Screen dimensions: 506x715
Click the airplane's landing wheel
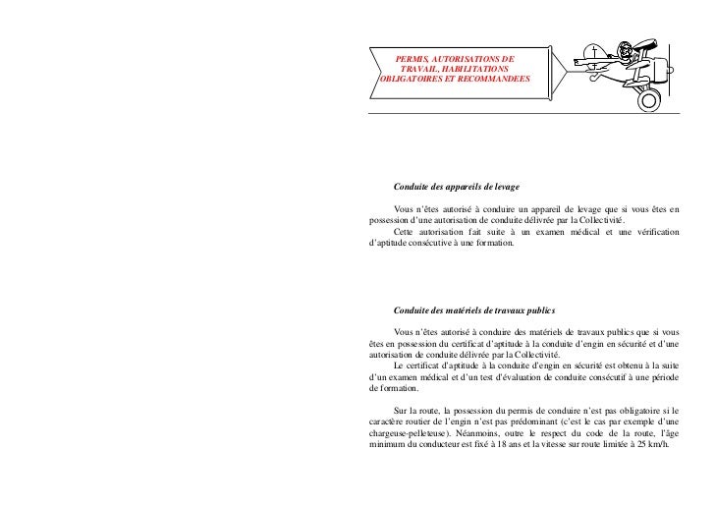(x=644, y=100)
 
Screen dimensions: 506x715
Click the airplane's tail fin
(x=597, y=52)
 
